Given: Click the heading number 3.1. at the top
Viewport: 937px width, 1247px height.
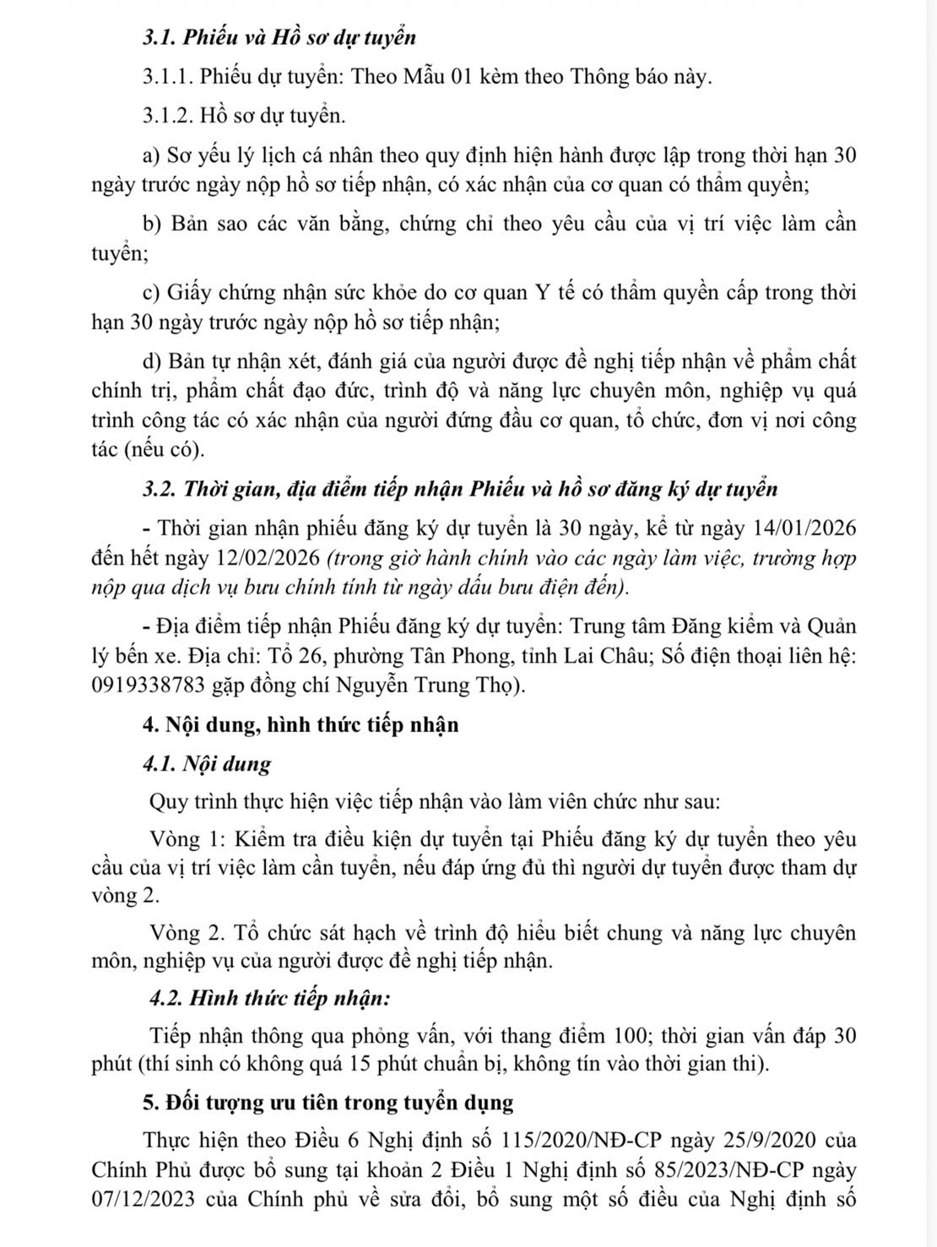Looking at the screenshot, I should (x=160, y=38).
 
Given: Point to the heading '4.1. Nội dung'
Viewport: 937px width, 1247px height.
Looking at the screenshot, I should (x=208, y=765).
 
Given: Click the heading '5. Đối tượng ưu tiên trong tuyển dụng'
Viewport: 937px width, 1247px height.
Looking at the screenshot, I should (x=328, y=1103).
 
